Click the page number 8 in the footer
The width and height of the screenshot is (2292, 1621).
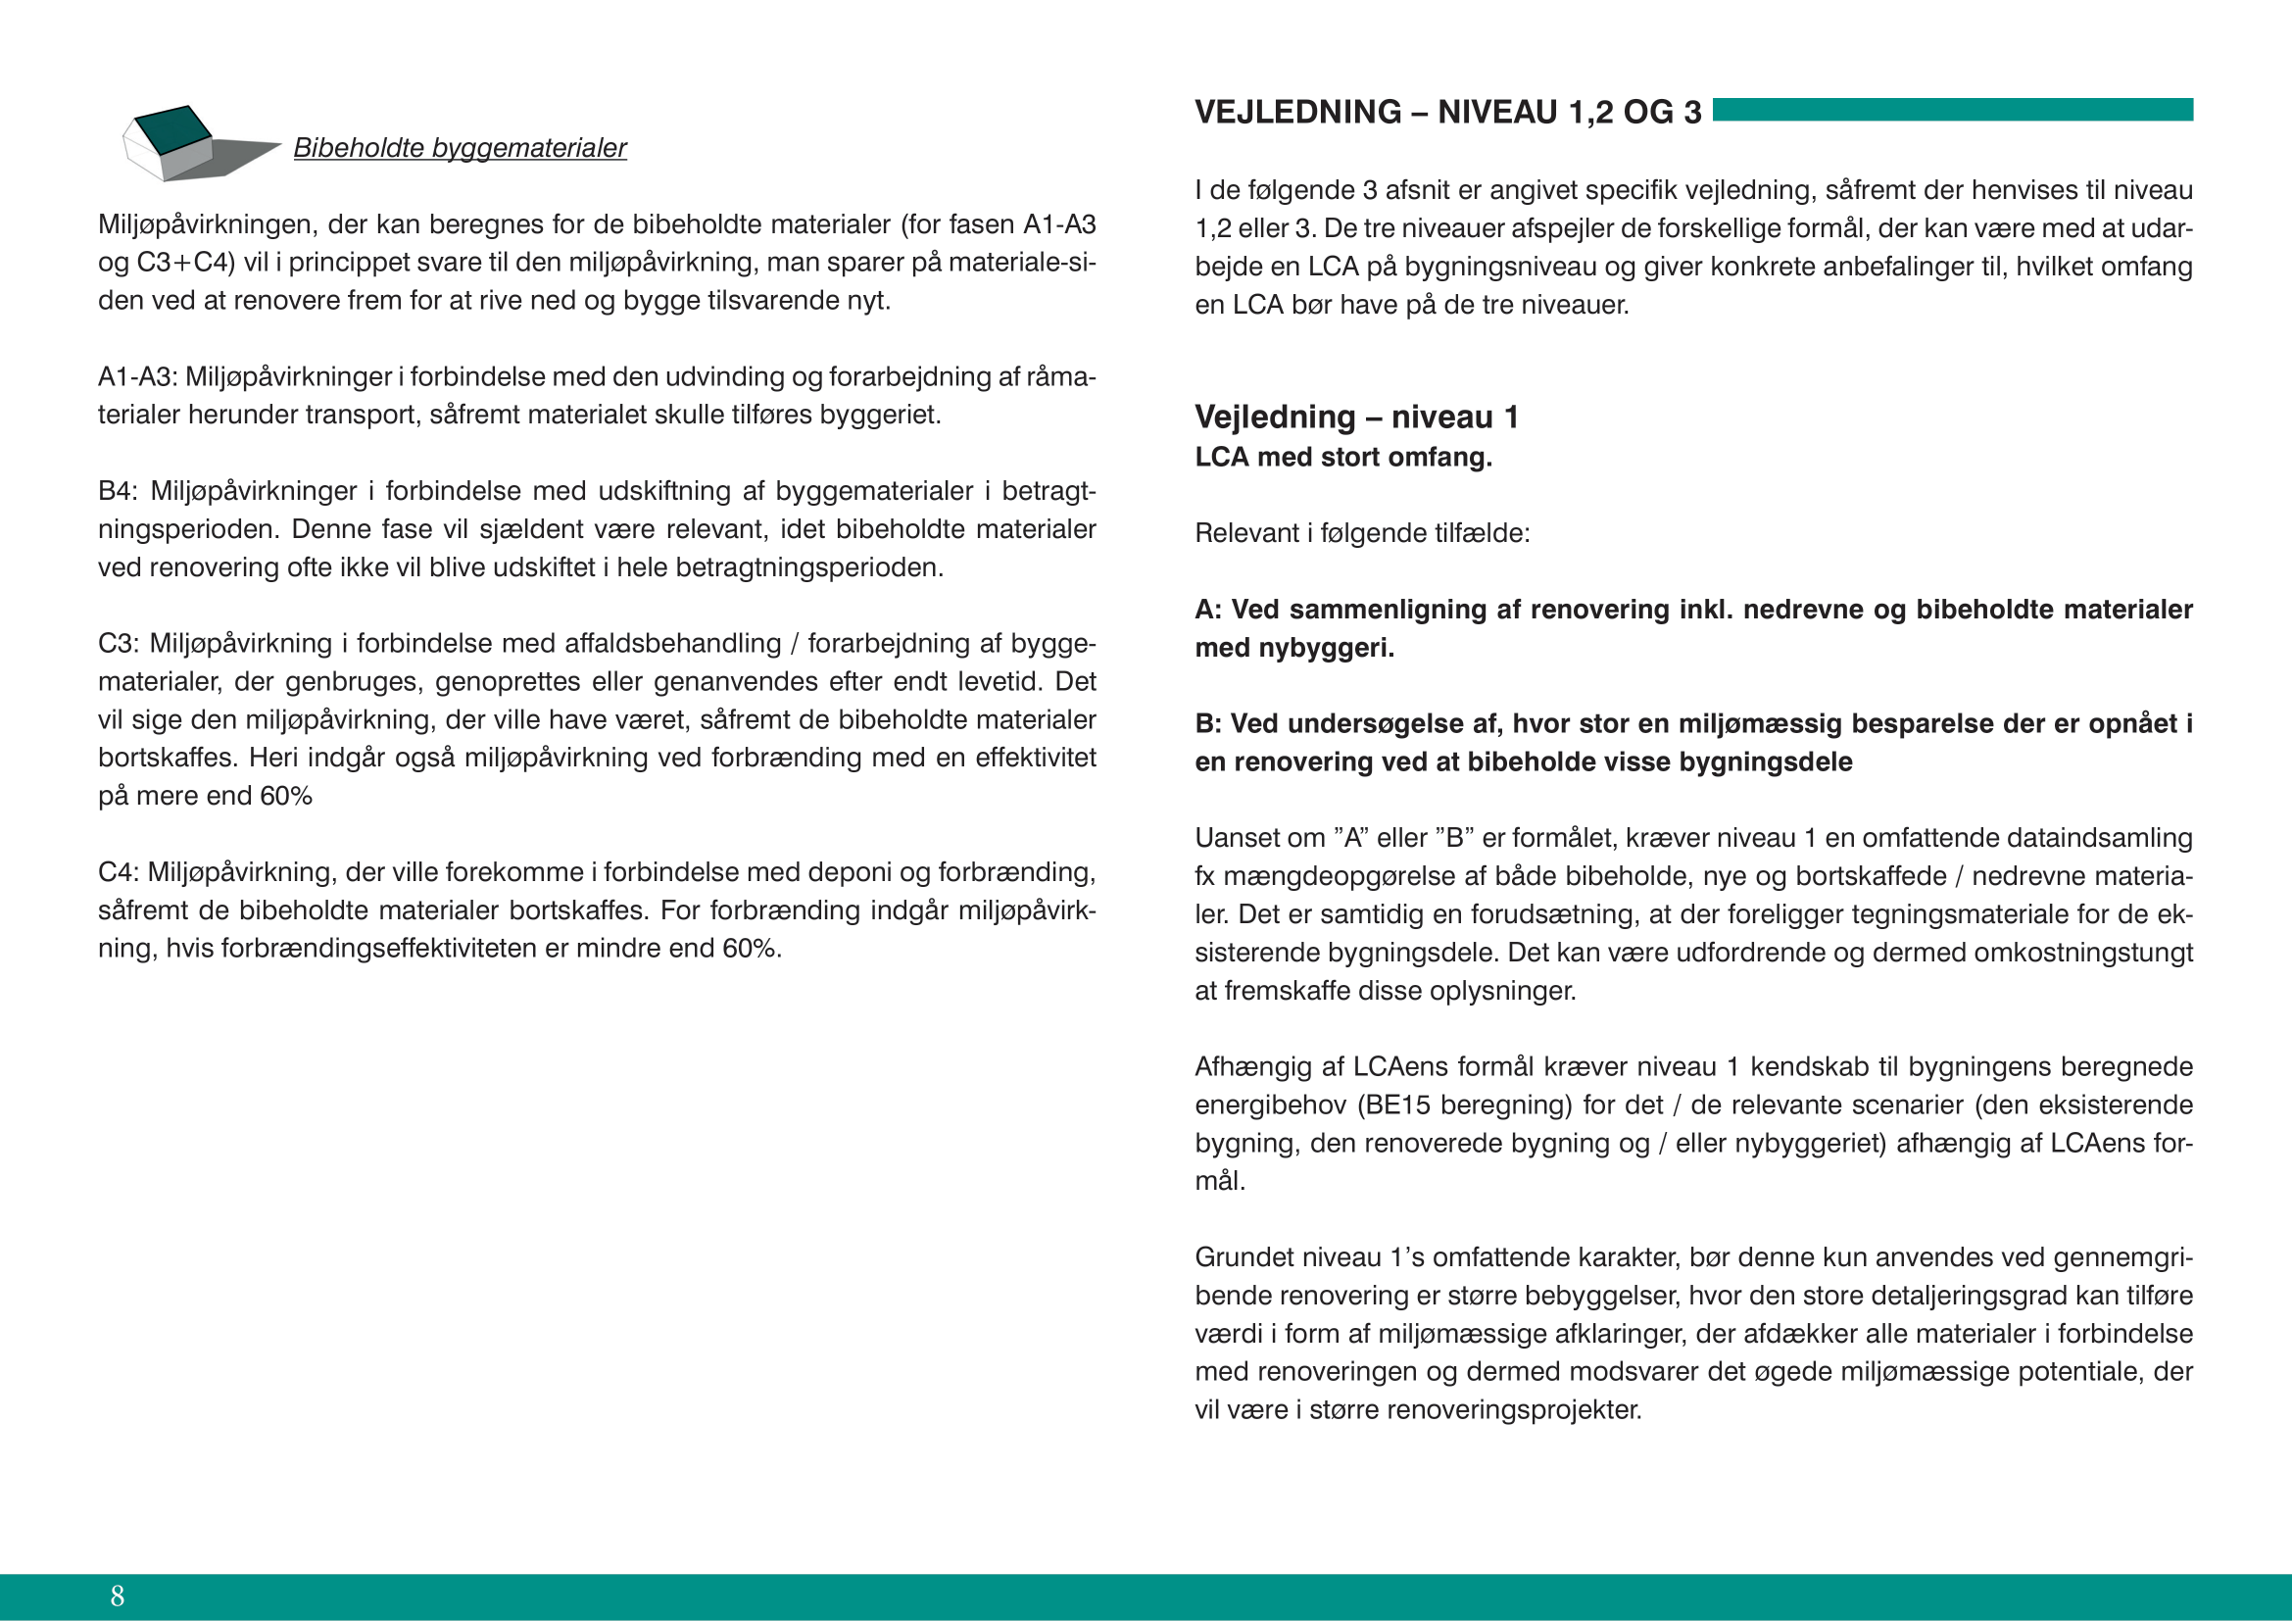pos(118,1596)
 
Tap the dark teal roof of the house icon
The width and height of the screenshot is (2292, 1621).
pos(172,129)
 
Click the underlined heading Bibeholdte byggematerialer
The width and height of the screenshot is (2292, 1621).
pos(460,148)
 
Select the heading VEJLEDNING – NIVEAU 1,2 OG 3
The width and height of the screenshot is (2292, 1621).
pos(1447,112)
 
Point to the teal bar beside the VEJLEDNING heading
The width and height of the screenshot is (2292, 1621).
pos(1952,110)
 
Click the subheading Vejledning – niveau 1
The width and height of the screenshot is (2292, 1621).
pos(1355,417)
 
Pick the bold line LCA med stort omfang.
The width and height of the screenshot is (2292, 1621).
pos(1342,457)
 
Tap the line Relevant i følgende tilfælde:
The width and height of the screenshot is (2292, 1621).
pos(1362,533)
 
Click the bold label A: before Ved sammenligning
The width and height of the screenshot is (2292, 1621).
pos(1208,610)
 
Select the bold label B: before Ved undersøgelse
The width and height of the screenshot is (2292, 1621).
pos(1208,723)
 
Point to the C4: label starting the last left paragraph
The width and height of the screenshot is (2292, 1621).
pos(117,872)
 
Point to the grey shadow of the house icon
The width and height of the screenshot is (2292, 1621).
pos(234,158)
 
